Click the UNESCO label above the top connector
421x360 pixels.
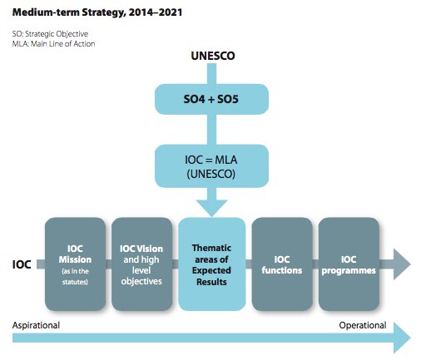[213, 56]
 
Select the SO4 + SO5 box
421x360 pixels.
[211, 99]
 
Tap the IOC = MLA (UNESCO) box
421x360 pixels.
[211, 166]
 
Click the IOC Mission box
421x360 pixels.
[75, 264]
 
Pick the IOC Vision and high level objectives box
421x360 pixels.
[141, 264]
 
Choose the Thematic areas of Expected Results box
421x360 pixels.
[212, 264]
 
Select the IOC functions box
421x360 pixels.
[282, 264]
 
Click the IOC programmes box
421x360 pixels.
[349, 264]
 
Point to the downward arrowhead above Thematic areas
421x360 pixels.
[211, 208]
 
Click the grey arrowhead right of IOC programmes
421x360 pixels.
[402, 264]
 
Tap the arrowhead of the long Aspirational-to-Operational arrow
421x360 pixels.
[402, 338]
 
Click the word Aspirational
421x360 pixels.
[36, 325]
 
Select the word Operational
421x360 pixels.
[363, 325]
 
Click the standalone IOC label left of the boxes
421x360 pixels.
[22, 264]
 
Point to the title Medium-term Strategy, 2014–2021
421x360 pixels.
[97, 12]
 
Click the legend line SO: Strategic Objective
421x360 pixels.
[50, 34]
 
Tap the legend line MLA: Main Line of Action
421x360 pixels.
[53, 44]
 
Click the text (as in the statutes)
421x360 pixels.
[75, 276]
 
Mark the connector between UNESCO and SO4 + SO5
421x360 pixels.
[211, 74]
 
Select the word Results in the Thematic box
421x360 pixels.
[211, 282]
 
